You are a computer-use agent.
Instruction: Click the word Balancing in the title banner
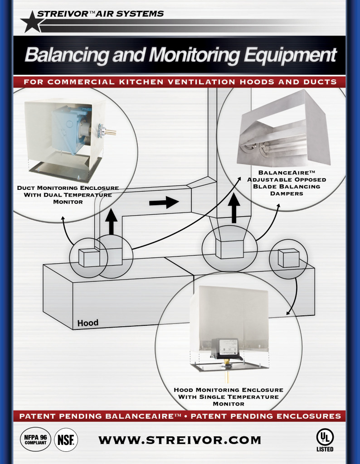[67, 55]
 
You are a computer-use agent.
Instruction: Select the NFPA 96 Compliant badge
[35, 440]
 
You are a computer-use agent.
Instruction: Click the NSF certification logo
[66, 440]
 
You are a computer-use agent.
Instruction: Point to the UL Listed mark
[325, 440]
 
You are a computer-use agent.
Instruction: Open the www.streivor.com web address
[180, 440]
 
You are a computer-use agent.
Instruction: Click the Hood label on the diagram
[88, 323]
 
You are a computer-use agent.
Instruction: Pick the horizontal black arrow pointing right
[164, 203]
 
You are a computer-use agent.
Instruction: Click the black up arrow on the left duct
[112, 222]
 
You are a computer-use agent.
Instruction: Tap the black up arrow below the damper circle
[234, 208]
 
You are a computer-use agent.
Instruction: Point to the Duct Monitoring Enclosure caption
[68, 195]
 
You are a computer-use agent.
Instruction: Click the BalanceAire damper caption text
[286, 183]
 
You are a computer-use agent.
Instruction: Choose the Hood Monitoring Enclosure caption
[228, 397]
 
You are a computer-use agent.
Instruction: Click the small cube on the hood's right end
[288, 258]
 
